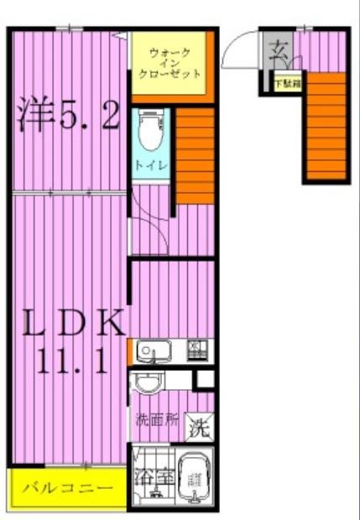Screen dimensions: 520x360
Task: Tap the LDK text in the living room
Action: coord(70,324)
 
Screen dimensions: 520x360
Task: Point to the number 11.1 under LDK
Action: coord(70,361)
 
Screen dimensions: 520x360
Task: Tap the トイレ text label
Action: coord(152,165)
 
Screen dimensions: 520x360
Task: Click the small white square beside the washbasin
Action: coord(205,379)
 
